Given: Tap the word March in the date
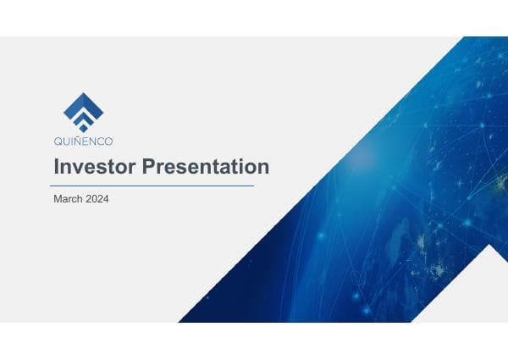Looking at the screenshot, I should [x=69, y=201].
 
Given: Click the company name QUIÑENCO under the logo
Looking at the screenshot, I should [x=83, y=141].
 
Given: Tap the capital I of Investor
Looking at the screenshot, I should [x=56, y=167].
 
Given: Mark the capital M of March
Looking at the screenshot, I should [x=57, y=201].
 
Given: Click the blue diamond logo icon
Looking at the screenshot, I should [x=83, y=111].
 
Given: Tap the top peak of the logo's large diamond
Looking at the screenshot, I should [x=83, y=93].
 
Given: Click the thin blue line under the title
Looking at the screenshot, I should [x=152, y=185].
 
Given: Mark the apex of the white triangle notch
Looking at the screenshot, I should [x=492, y=246].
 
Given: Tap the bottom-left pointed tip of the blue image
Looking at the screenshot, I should [x=180, y=321].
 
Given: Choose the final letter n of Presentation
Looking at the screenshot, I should [x=263, y=167].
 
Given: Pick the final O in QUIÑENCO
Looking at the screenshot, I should [x=108, y=141].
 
